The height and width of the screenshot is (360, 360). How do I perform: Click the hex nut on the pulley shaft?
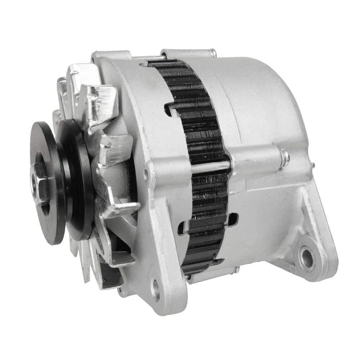[39, 183]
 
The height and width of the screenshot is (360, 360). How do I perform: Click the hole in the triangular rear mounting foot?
[307, 258]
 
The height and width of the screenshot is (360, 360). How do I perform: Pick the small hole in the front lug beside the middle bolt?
[146, 175]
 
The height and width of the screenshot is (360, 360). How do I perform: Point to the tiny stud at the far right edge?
[312, 166]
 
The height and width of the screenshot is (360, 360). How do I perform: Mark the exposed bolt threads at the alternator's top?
[148, 58]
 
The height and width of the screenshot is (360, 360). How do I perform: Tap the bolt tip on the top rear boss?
[214, 54]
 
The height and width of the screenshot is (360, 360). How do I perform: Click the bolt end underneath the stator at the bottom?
[236, 269]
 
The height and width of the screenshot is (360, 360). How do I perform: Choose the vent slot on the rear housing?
[232, 219]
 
